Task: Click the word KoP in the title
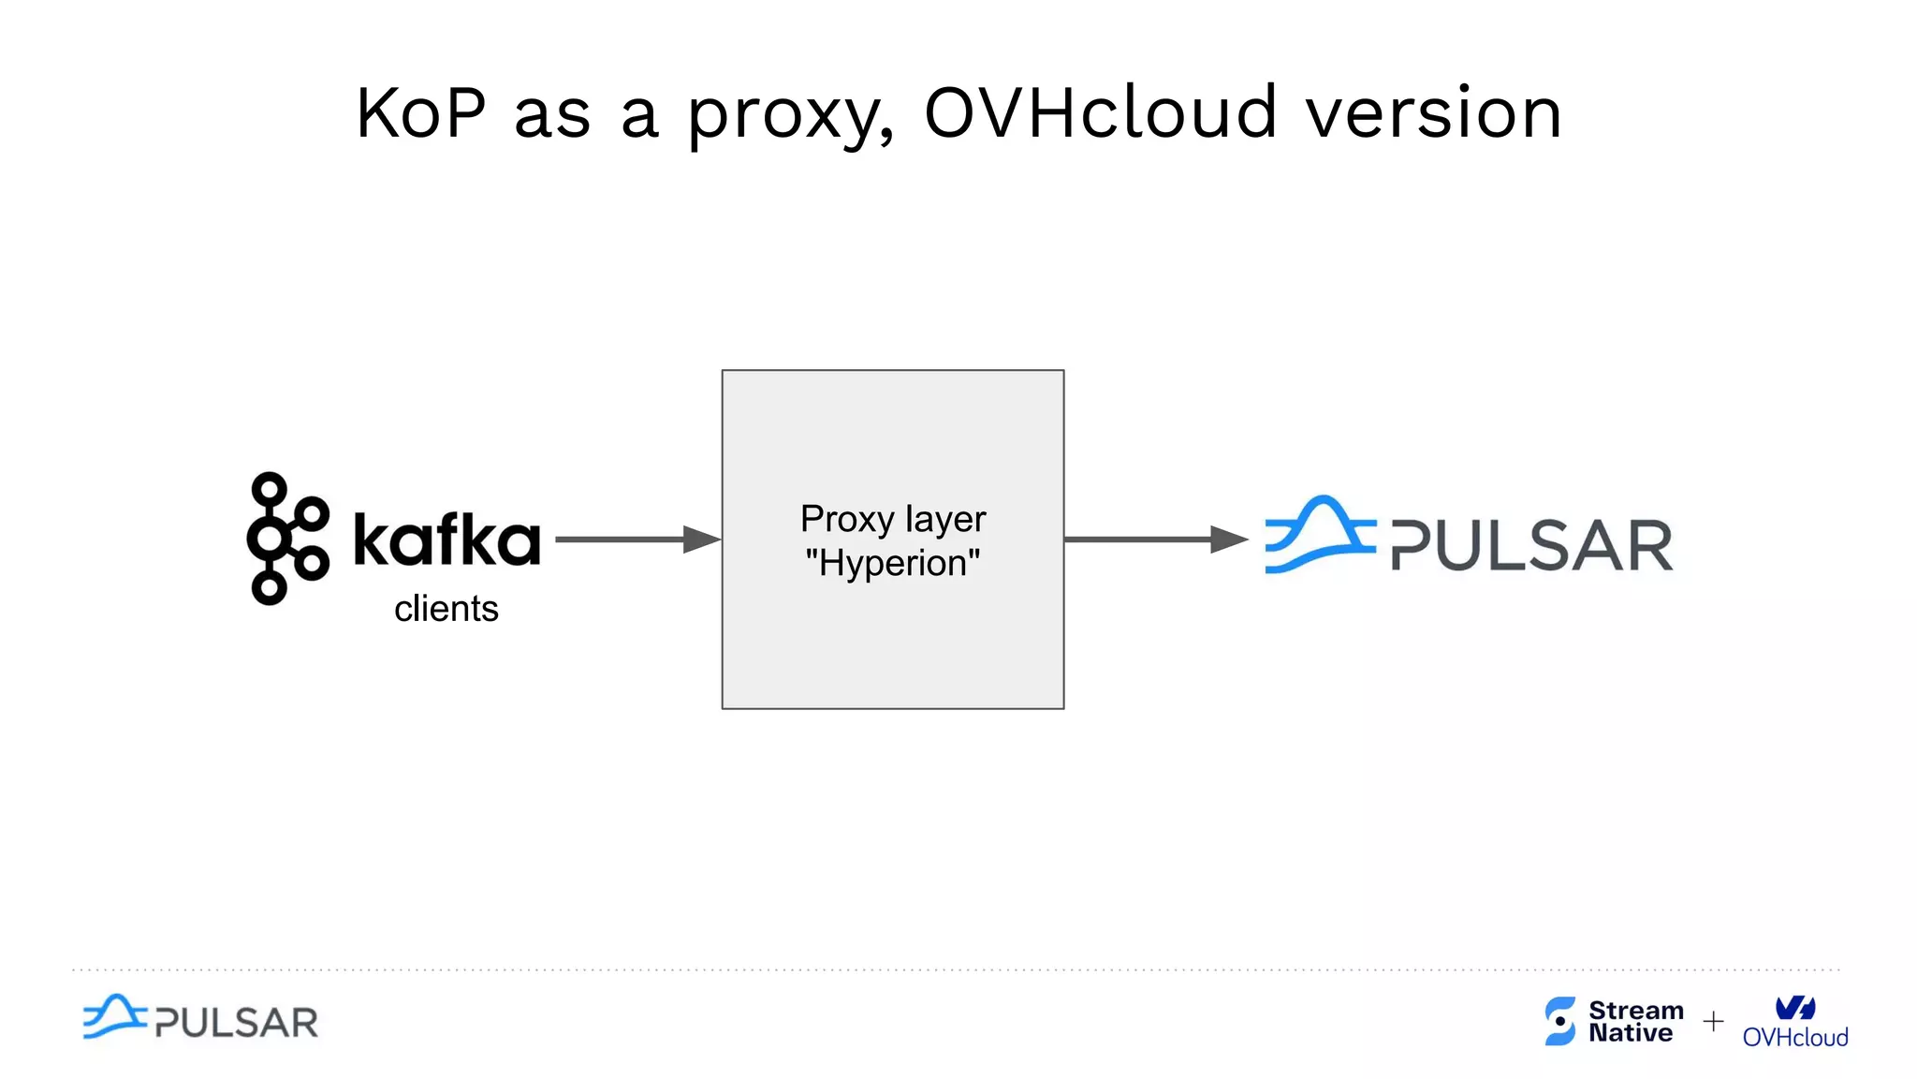pyautogui.click(x=421, y=113)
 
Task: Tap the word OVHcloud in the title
pyautogui.click(x=1101, y=112)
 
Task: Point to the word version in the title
pyautogui.click(x=1433, y=113)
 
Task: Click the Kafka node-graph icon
pyautogui.click(x=285, y=538)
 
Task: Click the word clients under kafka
pyautogui.click(x=446, y=609)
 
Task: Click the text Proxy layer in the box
pyautogui.click(x=893, y=519)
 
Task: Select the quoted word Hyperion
pyautogui.click(x=893, y=563)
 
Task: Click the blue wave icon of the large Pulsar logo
pyautogui.click(x=1319, y=535)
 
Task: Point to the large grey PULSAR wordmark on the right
pyautogui.click(x=1531, y=545)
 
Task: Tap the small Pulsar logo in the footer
pyautogui.click(x=200, y=1018)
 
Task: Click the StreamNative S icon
pyautogui.click(x=1560, y=1020)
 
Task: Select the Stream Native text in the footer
pyautogui.click(x=1634, y=1021)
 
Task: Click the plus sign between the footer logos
pyautogui.click(x=1713, y=1021)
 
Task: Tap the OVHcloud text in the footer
pyautogui.click(x=1795, y=1037)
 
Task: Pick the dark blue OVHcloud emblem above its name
pyautogui.click(x=1795, y=1008)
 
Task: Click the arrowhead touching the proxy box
pyautogui.click(x=702, y=539)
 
